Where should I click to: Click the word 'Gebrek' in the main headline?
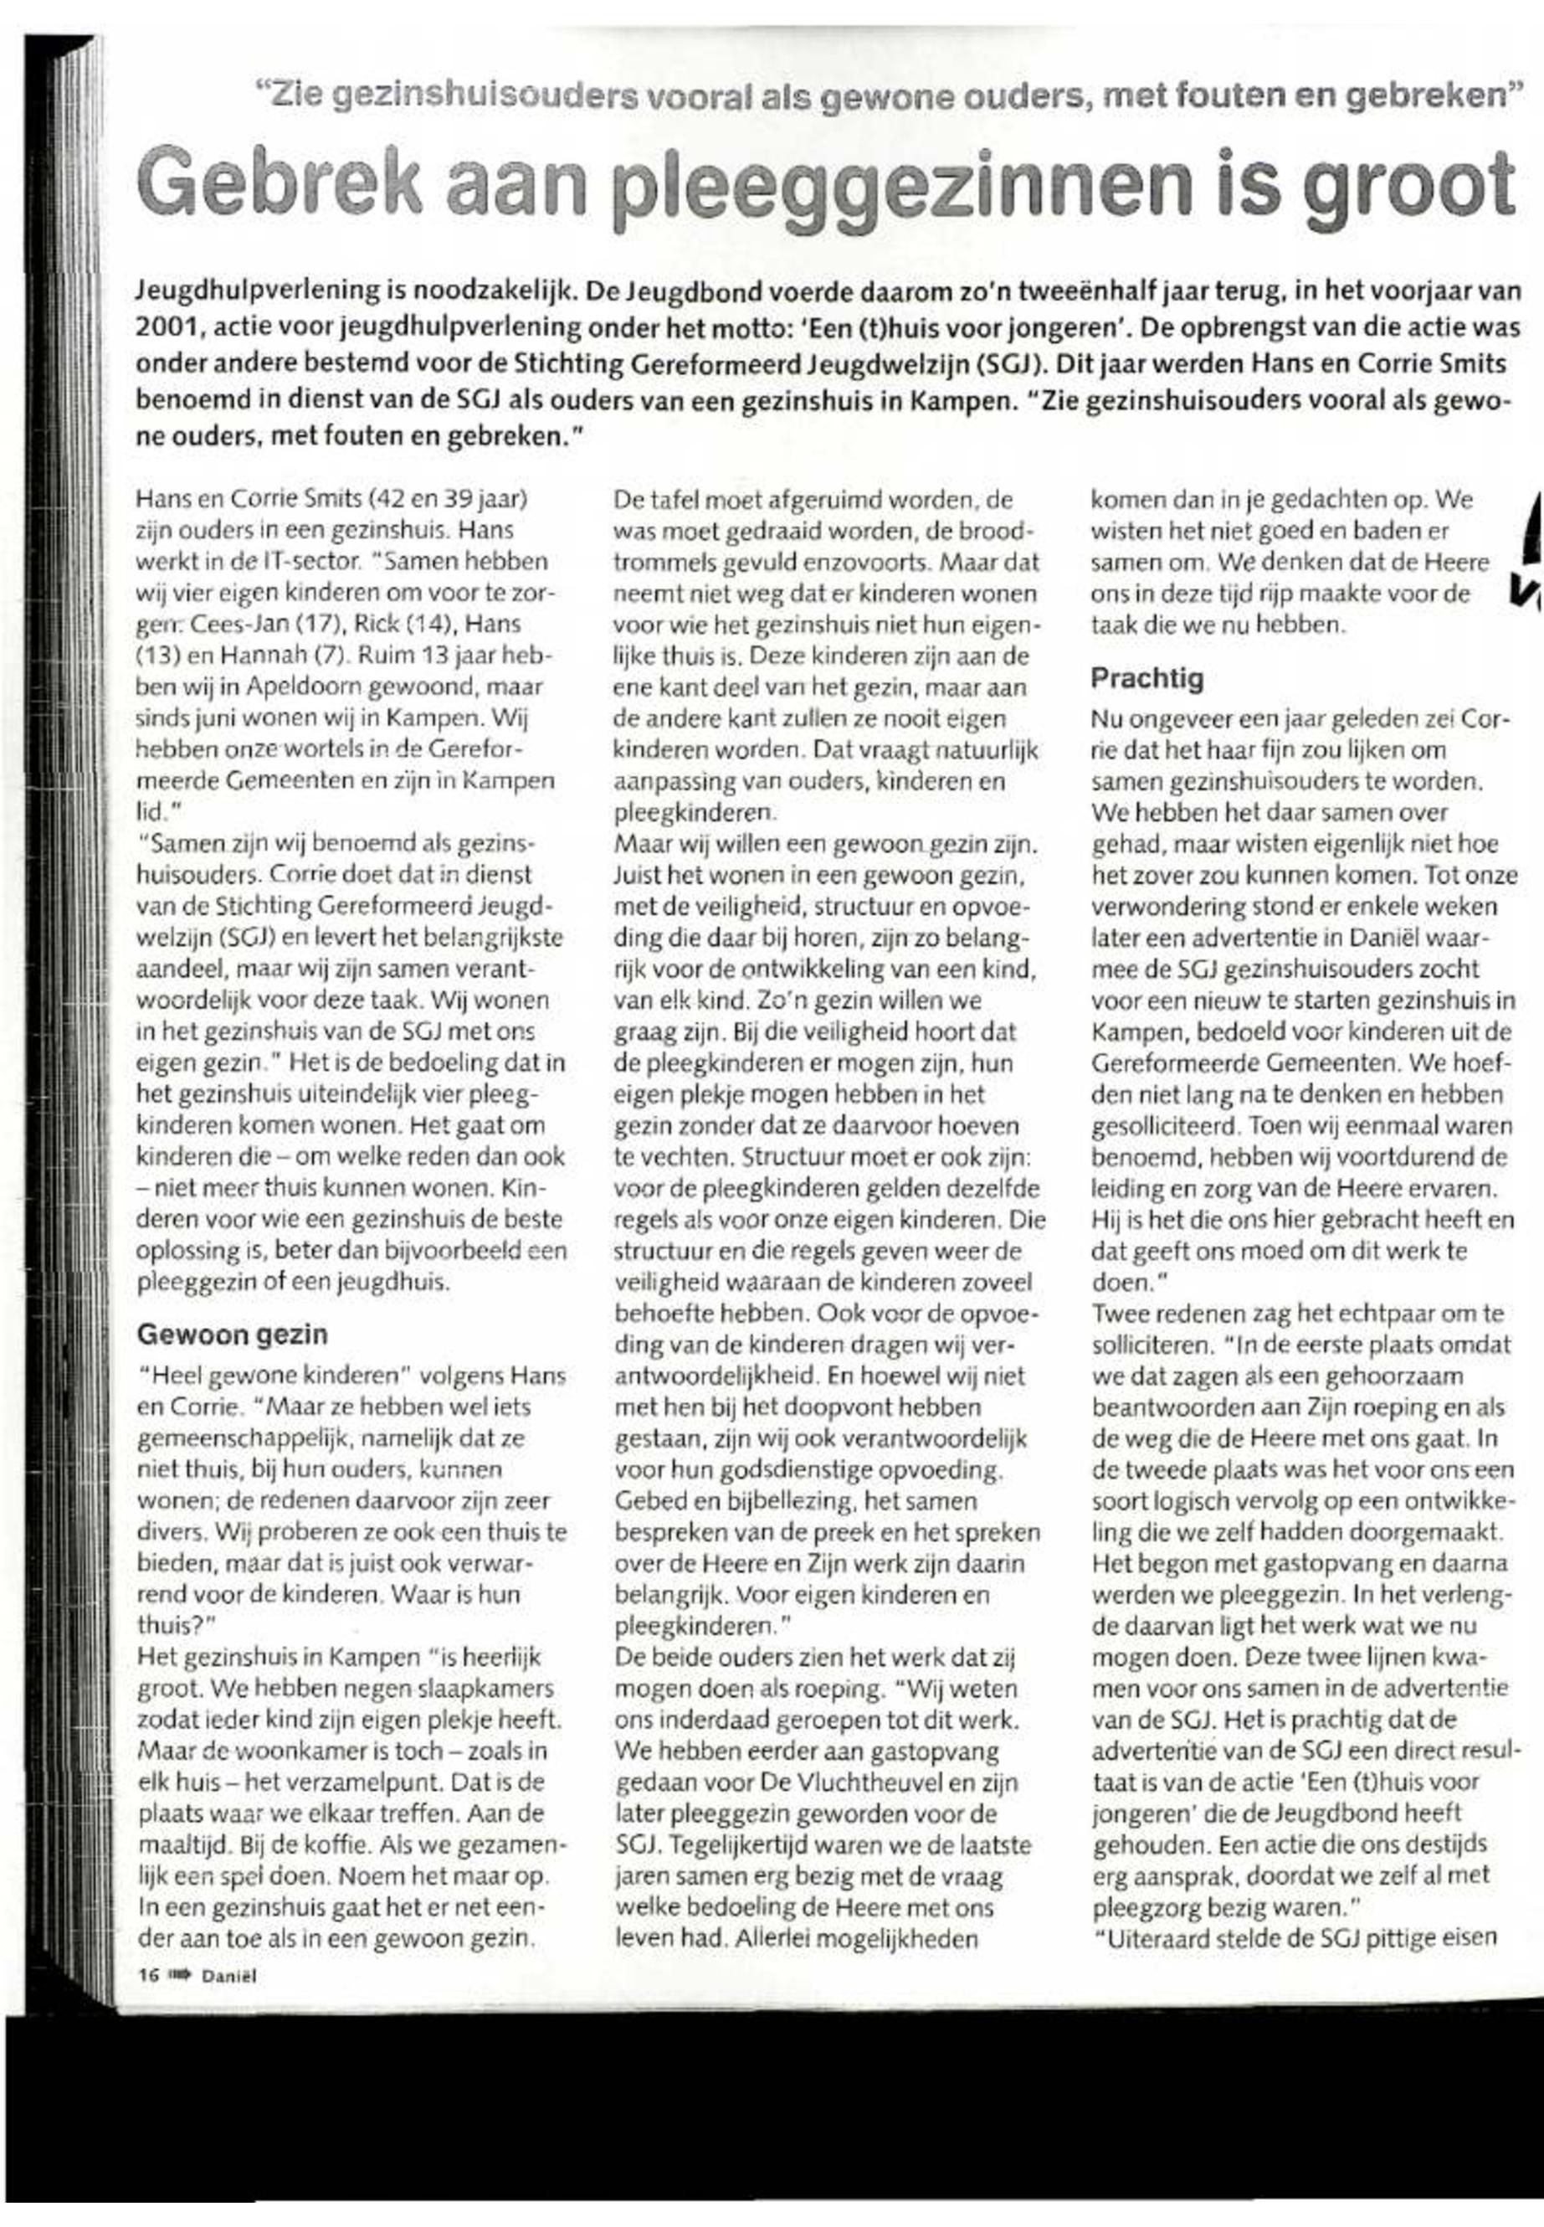280,184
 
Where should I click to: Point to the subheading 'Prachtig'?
1147,677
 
